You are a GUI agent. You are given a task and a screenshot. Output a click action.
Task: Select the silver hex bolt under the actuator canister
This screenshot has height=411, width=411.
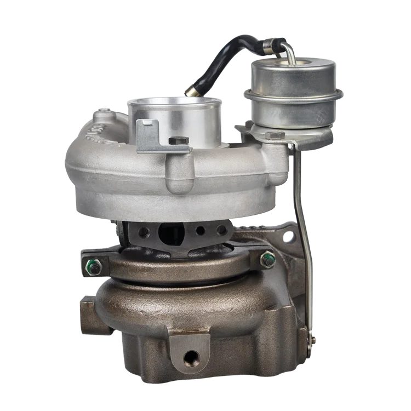[274, 135]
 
